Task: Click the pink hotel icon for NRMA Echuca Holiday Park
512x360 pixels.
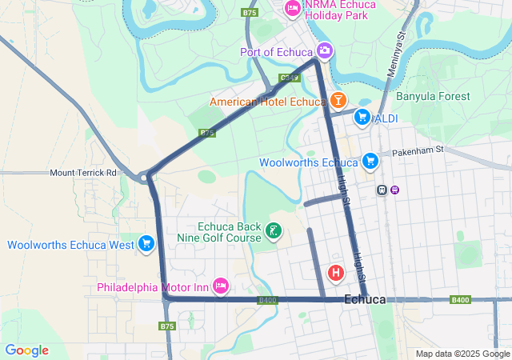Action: [x=293, y=9]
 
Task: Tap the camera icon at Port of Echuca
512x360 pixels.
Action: [x=324, y=51]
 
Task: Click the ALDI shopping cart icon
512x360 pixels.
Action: [x=362, y=117]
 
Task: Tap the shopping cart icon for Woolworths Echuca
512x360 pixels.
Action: [x=369, y=162]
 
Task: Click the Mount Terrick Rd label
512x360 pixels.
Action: [x=83, y=172]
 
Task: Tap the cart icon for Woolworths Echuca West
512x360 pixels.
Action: [x=146, y=243]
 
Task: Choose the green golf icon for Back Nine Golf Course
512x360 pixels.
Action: [x=274, y=231]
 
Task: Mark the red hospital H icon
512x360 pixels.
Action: [x=337, y=272]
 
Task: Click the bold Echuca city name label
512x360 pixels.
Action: [x=365, y=299]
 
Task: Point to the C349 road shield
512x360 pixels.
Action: [x=290, y=78]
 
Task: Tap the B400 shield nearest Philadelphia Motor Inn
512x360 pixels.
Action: [x=267, y=300]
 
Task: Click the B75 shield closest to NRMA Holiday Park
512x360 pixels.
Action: [x=250, y=13]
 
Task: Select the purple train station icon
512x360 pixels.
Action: [x=394, y=190]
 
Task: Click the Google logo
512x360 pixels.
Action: [x=26, y=350]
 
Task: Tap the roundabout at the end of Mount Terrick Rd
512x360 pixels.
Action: [x=147, y=176]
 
